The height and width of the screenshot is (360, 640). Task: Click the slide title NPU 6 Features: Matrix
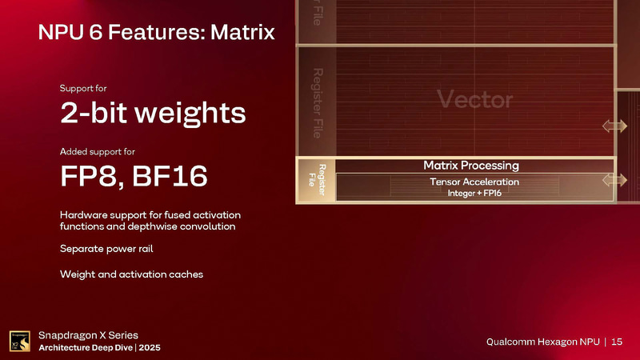click(x=157, y=33)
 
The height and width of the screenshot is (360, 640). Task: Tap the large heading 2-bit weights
click(x=153, y=114)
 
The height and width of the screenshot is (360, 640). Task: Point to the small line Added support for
click(x=102, y=151)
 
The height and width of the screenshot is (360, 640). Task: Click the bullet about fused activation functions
click(x=150, y=221)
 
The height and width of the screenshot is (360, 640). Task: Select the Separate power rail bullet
click(x=106, y=249)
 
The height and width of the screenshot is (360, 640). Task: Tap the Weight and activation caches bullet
click(x=131, y=274)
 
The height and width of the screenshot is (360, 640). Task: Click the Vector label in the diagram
click(x=474, y=100)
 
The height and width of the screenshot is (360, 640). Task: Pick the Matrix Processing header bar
click(x=470, y=166)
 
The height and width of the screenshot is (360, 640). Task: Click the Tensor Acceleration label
click(x=474, y=182)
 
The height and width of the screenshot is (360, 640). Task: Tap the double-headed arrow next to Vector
click(x=614, y=126)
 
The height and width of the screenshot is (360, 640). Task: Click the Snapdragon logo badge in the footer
click(x=20, y=340)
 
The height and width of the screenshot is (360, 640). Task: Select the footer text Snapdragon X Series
click(x=88, y=334)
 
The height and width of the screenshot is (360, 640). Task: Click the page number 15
click(x=617, y=342)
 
